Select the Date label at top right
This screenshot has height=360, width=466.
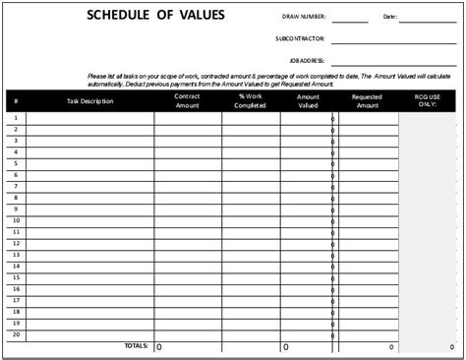click(x=390, y=17)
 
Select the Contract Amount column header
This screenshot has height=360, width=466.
click(x=187, y=101)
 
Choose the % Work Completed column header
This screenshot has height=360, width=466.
click(x=251, y=101)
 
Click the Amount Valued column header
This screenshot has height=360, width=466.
click(x=308, y=101)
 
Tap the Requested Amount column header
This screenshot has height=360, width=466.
click(x=368, y=101)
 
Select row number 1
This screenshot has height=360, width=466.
click(x=16, y=118)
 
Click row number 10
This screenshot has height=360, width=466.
click(x=16, y=220)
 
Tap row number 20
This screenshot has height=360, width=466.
click(x=16, y=333)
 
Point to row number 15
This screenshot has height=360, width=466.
click(x=16, y=277)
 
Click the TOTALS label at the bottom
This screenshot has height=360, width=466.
click(x=135, y=346)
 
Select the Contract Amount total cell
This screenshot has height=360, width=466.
click(x=187, y=346)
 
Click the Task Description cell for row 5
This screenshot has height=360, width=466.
click(x=89, y=163)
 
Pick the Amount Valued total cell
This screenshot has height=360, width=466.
click(x=308, y=346)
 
